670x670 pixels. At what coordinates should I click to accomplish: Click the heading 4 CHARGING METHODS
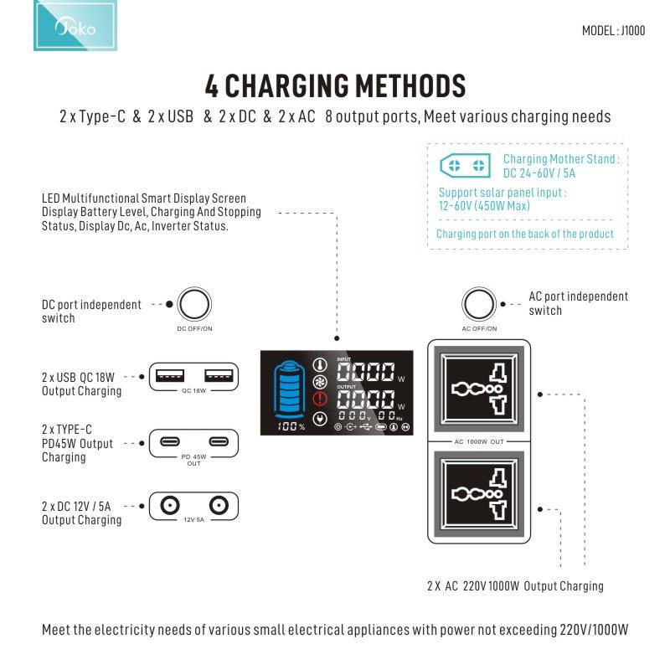pos(335,85)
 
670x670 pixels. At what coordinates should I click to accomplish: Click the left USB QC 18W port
pos(171,374)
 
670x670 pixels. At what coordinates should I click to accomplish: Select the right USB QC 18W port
pos(217,374)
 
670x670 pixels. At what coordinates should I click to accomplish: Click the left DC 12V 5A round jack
pos(171,505)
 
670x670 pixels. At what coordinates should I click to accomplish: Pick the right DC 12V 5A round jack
pos(219,505)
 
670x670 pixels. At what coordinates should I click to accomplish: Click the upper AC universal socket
pos(478,389)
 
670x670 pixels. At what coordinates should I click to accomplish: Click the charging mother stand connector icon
pos(466,165)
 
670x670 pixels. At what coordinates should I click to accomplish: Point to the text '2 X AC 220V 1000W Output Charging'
pos(514,585)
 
